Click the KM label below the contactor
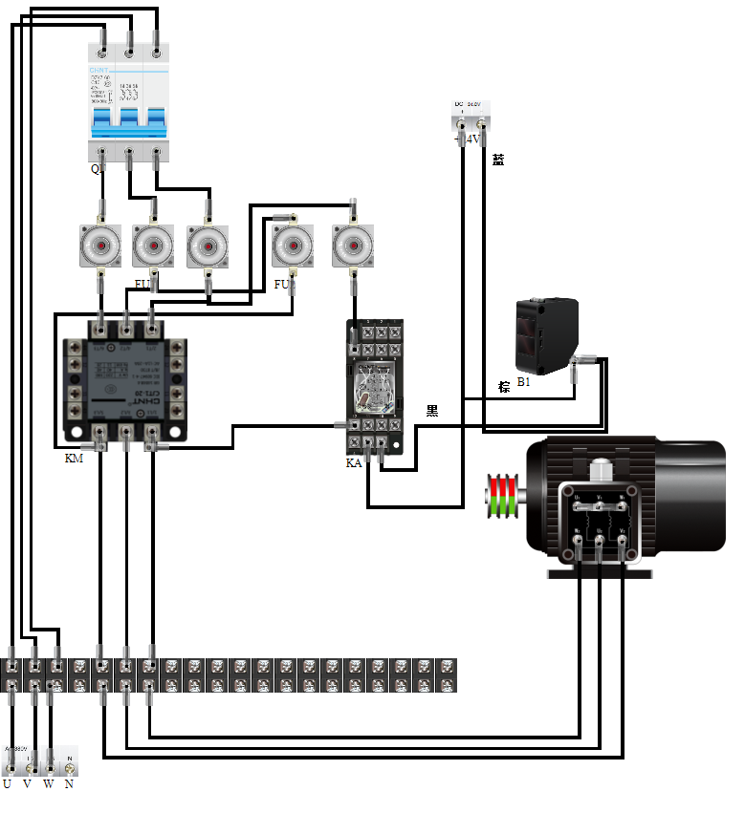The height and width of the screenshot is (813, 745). (x=73, y=460)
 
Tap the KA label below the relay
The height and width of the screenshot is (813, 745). (x=354, y=463)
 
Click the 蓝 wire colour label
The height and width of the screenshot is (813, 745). (x=497, y=160)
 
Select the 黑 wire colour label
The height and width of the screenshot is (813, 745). (x=432, y=411)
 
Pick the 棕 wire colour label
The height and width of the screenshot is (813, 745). (x=504, y=386)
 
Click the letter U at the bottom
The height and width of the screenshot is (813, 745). (x=8, y=784)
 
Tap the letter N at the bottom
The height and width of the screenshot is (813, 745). (x=69, y=784)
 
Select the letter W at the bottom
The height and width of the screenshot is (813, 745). (x=48, y=784)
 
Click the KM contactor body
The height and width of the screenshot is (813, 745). (x=123, y=382)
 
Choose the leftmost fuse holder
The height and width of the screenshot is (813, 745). (x=99, y=246)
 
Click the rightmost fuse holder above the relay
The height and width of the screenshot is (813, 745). (x=352, y=246)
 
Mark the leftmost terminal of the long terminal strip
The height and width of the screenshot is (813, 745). (x=11, y=674)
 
